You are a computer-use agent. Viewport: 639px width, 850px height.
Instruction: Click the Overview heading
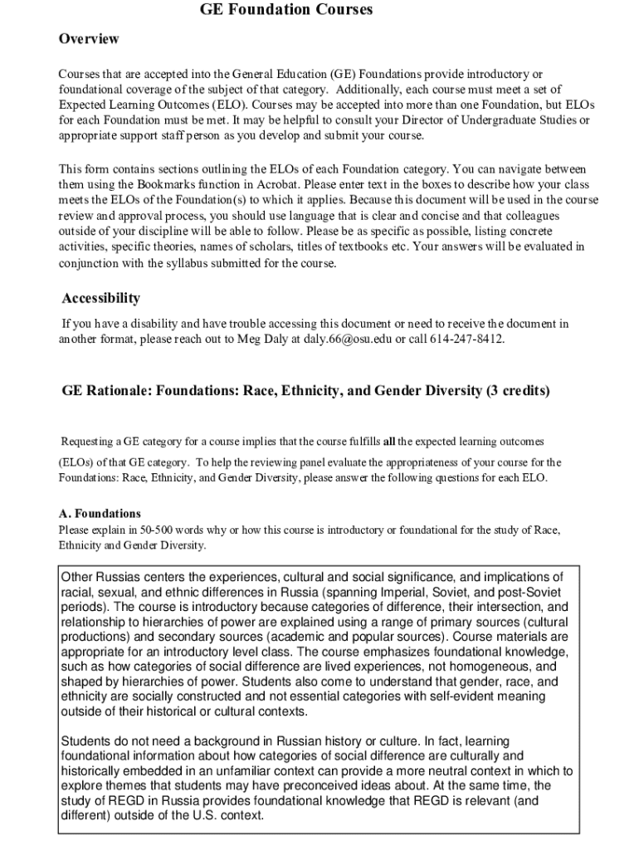click(x=89, y=39)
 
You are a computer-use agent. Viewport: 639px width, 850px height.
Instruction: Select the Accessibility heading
click(x=101, y=298)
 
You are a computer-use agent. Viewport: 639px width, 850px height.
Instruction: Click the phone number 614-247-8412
click(x=464, y=339)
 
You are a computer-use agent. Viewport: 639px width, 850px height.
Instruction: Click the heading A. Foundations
click(x=100, y=513)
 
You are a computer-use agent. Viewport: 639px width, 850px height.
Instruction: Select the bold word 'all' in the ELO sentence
click(x=388, y=440)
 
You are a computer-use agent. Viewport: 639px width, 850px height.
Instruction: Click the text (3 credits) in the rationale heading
click(x=518, y=390)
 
